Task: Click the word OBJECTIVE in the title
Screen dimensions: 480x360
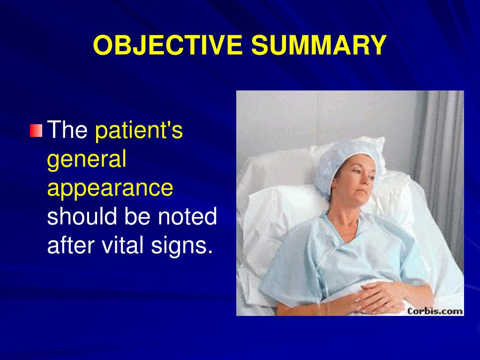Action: [x=168, y=45]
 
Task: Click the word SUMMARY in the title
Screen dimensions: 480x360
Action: [x=319, y=45]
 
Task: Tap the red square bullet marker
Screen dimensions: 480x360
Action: [x=36, y=130]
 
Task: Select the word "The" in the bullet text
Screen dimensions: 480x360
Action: [x=67, y=129]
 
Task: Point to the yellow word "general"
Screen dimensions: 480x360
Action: [x=87, y=159]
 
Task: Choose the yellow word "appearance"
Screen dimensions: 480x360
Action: [x=110, y=188]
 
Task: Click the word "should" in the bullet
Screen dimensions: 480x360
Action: [x=82, y=216]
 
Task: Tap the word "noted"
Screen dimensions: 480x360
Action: [x=187, y=216]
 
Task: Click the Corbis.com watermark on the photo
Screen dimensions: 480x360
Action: [x=435, y=311]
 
